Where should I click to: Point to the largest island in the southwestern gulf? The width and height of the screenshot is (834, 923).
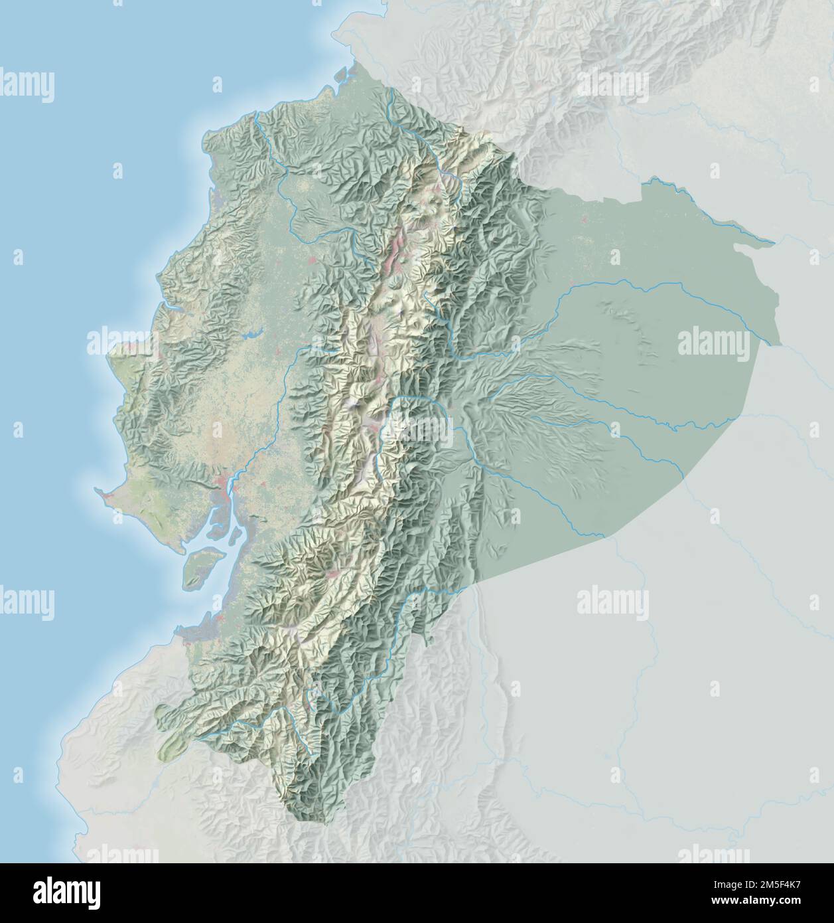pyautogui.click(x=199, y=566)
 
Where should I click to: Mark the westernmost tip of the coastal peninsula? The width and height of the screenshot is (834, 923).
pyautogui.click(x=96, y=491)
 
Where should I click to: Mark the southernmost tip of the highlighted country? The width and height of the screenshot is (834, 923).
pyautogui.click(x=324, y=822)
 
